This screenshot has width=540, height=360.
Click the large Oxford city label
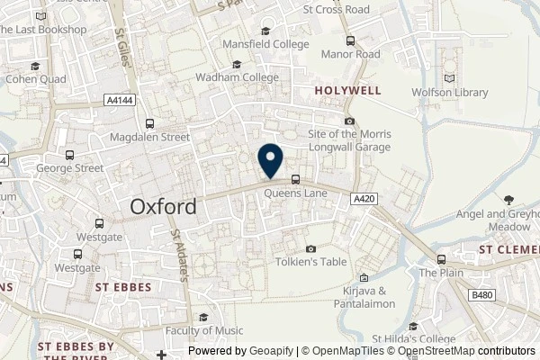tap(164, 206)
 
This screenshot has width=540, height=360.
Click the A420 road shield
tap(363, 198)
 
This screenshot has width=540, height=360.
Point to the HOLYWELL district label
tap(348, 90)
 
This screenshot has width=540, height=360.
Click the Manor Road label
tap(350, 53)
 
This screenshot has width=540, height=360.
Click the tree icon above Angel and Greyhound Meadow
tap(509, 200)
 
